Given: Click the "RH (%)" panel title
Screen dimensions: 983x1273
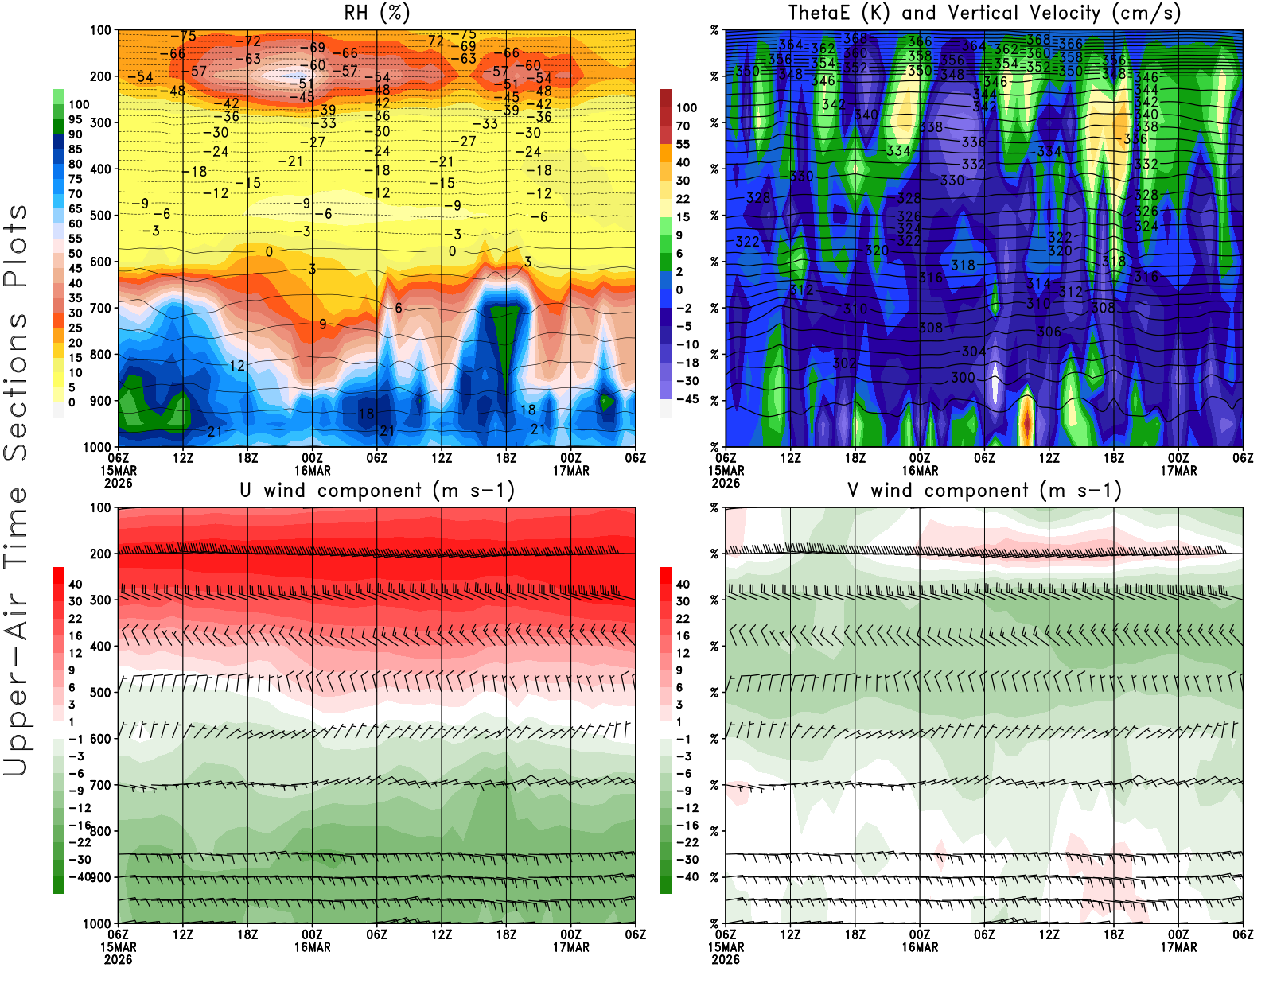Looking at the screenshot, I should pyautogui.click(x=377, y=13).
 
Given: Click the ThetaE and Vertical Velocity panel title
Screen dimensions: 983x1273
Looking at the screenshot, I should pyautogui.click(x=984, y=13).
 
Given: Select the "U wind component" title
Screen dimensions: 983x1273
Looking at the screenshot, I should pyautogui.click(x=377, y=491).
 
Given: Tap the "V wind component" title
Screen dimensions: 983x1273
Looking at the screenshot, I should pyautogui.click(x=984, y=491).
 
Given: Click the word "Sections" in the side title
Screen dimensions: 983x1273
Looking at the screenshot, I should pyautogui.click(x=16, y=387).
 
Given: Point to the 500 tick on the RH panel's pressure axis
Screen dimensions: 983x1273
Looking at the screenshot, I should pyautogui.click(x=100, y=216).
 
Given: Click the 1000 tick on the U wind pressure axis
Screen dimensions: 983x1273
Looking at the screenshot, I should pyautogui.click(x=97, y=924).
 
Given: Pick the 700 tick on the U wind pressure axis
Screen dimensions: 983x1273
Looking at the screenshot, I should pyautogui.click(x=100, y=785).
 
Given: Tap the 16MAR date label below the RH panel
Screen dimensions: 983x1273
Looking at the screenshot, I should pyautogui.click(x=313, y=471).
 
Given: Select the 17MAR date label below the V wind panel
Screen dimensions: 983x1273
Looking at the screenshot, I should pyautogui.click(x=1178, y=948).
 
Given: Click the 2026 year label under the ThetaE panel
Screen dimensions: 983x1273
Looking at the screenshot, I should pyautogui.click(x=726, y=483).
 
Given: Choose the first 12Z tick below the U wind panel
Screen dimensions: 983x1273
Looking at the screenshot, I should pyautogui.click(x=183, y=935).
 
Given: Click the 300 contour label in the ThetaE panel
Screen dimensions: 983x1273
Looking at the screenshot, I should pyautogui.click(x=963, y=378).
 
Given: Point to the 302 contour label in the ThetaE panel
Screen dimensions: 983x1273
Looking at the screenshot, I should pyautogui.click(x=845, y=363).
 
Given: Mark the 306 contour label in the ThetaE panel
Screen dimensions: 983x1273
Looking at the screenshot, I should pyautogui.click(x=1049, y=332).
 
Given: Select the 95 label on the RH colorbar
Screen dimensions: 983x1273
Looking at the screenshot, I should pyautogui.click(x=75, y=119).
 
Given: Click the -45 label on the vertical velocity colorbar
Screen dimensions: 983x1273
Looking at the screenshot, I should pyautogui.click(x=687, y=399).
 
